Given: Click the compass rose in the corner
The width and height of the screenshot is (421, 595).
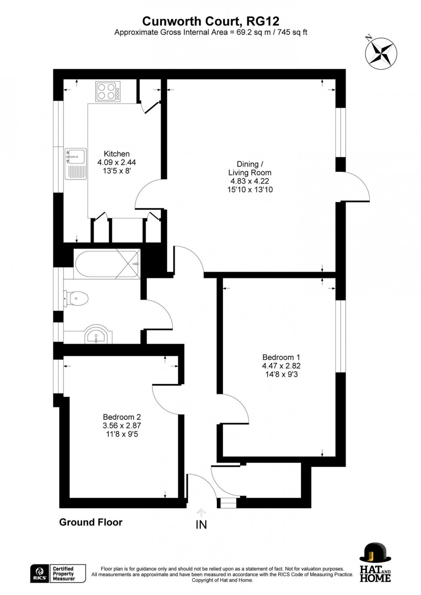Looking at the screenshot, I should [381, 52].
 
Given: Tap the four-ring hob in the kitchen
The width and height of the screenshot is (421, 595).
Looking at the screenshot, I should [108, 91].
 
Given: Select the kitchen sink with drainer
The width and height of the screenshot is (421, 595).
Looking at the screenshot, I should [76, 164].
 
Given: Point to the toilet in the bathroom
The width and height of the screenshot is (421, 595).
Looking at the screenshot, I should [76, 297].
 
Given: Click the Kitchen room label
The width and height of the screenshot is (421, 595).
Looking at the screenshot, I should [116, 154].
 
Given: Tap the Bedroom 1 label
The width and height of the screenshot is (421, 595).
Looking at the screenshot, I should [281, 357].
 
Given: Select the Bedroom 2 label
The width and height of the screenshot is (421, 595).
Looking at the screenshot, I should [122, 417].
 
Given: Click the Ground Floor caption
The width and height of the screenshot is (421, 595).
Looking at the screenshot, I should [91, 522].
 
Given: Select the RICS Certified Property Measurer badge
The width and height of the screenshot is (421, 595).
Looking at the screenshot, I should [58, 574].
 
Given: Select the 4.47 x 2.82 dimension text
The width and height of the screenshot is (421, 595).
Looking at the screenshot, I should [281, 366].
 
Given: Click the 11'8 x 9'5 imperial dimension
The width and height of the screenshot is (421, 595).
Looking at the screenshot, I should [122, 434].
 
